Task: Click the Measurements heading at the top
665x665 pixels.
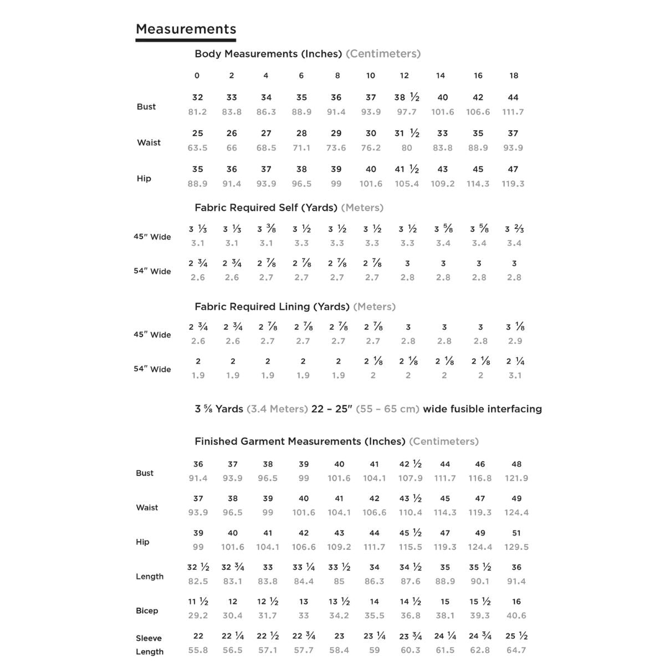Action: click(x=186, y=29)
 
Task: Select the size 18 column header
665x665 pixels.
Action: click(x=514, y=75)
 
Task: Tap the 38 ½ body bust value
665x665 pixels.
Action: click(x=407, y=98)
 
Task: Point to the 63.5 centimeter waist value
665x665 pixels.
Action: click(x=197, y=148)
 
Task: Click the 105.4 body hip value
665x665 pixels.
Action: click(x=407, y=184)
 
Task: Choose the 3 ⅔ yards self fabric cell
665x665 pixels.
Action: click(x=514, y=229)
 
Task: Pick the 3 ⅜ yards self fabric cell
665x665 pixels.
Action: click(x=267, y=229)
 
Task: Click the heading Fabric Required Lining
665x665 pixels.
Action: click(x=272, y=306)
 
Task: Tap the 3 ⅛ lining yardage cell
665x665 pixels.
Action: click(x=515, y=327)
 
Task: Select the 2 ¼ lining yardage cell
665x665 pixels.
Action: click(x=515, y=361)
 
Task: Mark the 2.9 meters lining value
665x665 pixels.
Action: click(x=515, y=341)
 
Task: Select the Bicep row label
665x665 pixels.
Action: click(x=147, y=611)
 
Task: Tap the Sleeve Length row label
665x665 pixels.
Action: click(x=149, y=645)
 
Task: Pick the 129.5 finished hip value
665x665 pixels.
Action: click(x=516, y=547)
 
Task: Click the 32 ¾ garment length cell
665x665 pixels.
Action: click(x=233, y=567)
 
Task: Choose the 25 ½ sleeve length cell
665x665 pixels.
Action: click(x=516, y=636)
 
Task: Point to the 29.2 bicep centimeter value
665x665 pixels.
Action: click(x=198, y=616)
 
